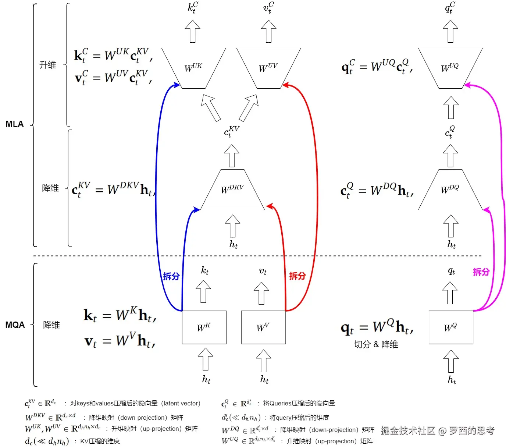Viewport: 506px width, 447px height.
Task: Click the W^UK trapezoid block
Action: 193,68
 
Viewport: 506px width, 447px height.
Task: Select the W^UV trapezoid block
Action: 268,68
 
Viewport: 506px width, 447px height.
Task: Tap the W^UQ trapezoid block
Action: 450,68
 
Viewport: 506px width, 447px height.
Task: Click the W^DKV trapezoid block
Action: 232,190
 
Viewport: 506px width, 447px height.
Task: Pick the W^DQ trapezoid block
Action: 450,190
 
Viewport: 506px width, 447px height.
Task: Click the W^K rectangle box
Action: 204,327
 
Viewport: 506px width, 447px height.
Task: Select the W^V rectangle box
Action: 263,327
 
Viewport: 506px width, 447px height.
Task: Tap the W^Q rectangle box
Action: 451,327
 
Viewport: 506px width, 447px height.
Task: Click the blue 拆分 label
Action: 171,276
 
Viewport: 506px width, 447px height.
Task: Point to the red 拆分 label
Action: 297,276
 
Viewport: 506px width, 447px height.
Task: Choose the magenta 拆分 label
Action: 481,272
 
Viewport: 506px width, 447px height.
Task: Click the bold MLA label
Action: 15,124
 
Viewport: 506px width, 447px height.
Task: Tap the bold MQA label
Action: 15,325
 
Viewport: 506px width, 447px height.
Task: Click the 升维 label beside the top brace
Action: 48,65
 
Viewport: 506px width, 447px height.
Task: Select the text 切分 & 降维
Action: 376,344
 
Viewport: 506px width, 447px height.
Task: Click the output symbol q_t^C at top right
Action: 450,7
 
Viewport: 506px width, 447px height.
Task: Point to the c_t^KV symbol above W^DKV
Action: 232,131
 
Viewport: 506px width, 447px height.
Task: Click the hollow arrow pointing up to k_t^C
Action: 193,31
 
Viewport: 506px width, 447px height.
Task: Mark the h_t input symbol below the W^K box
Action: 206,379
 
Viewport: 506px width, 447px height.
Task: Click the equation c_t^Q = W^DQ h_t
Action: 377,190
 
